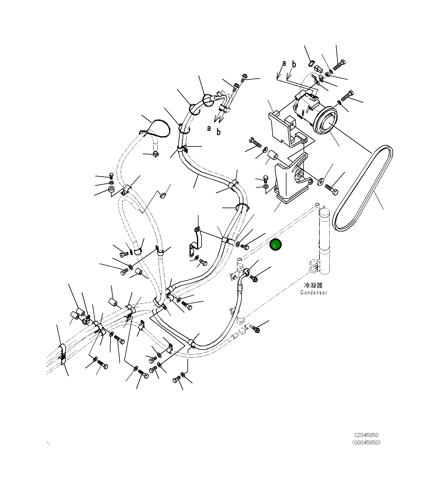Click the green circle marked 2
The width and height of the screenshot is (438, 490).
pyautogui.click(x=275, y=245)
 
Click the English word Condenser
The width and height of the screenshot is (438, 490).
pyautogui.click(x=314, y=293)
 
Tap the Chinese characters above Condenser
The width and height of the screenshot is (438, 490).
pyautogui.click(x=313, y=285)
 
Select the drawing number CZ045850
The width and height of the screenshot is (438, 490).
pyautogui.click(x=366, y=435)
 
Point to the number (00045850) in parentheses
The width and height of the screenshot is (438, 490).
pyautogui.click(x=366, y=442)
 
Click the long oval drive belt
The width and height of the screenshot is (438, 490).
pyautogui.click(x=363, y=188)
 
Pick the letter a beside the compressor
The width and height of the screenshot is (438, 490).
pyautogui.click(x=284, y=63)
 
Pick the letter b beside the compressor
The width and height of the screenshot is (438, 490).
pyautogui.click(x=294, y=64)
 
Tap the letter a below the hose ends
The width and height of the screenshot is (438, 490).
pyautogui.click(x=209, y=128)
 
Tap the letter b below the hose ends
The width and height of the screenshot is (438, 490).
pyautogui.click(x=219, y=132)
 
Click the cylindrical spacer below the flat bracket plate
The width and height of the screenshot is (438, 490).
pyautogui.click(x=273, y=156)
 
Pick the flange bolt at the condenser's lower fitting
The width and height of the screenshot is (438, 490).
pyautogui.click(x=256, y=329)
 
